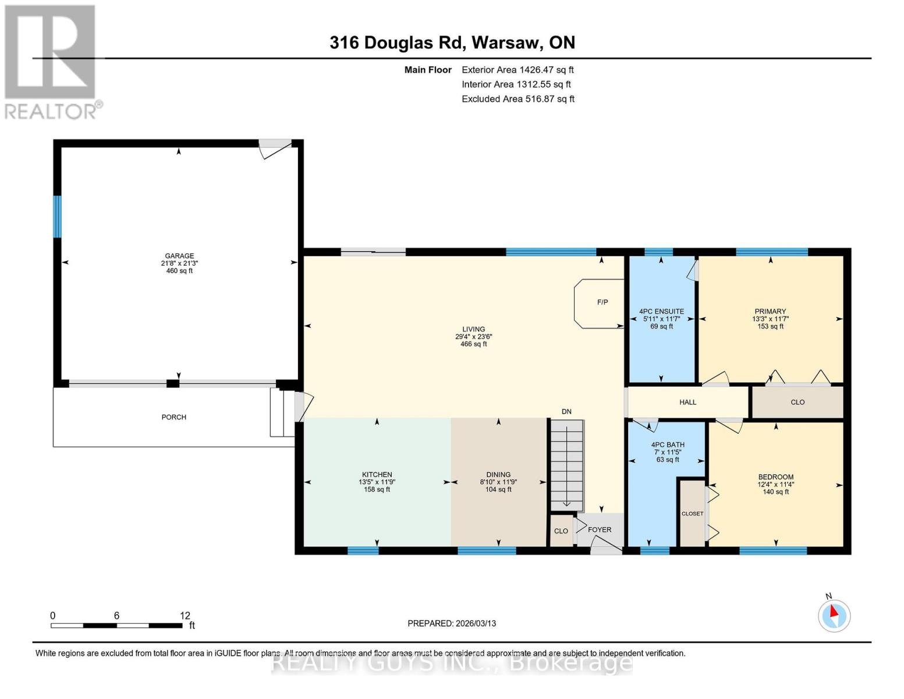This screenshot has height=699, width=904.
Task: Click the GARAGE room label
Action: (179, 256)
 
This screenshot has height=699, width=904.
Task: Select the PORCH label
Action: (173, 417)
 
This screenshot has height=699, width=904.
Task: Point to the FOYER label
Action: (600, 529)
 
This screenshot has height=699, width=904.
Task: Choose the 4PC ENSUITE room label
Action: (661, 312)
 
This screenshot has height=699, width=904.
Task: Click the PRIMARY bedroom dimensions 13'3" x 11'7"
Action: (770, 319)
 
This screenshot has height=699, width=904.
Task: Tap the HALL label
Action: (687, 402)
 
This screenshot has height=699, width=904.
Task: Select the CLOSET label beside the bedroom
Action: (692, 514)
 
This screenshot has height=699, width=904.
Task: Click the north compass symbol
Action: (834, 615)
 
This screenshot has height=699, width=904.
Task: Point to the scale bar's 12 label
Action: (185, 616)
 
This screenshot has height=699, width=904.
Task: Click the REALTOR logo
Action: (51, 61)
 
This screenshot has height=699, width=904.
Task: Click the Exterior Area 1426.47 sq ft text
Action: (517, 70)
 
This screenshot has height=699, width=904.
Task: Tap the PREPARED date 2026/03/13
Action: (452, 623)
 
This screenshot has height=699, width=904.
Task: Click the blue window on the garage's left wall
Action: (57, 217)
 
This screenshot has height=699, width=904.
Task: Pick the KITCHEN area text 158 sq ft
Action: (377, 490)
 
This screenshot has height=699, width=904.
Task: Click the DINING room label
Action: (498, 475)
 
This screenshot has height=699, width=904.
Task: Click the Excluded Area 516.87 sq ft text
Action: (518, 99)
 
